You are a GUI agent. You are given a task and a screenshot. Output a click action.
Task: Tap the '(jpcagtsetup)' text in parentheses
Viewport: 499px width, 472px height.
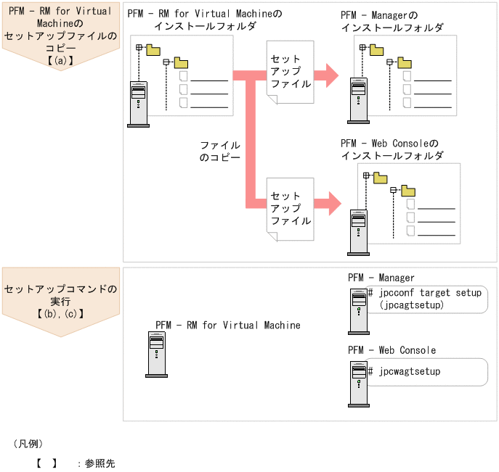click(x=411, y=305)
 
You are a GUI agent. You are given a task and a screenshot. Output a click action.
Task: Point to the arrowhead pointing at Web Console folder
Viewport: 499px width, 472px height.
click(x=333, y=203)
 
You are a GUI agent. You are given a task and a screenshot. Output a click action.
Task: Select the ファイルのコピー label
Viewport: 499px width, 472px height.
click(x=219, y=151)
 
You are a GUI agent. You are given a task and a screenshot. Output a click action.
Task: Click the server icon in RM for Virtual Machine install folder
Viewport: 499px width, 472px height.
click(x=138, y=104)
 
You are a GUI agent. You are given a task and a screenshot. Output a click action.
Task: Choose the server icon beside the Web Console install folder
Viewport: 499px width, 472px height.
click(x=358, y=232)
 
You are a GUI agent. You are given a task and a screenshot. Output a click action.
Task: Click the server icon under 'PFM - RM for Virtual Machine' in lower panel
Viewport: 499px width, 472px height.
click(x=156, y=355)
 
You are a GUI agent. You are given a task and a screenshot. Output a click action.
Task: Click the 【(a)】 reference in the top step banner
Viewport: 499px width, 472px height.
click(x=60, y=60)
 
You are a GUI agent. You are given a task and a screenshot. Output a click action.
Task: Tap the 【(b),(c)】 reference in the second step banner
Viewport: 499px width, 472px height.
click(x=60, y=313)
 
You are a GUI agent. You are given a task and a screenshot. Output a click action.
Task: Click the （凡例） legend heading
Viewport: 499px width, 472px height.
click(x=28, y=443)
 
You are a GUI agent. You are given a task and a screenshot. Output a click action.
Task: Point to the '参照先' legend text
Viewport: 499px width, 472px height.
click(x=100, y=463)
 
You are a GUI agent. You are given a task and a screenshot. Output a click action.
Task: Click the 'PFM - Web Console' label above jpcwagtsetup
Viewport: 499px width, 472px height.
click(x=392, y=350)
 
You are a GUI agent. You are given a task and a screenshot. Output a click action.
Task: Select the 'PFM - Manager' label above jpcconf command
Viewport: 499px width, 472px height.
click(x=381, y=278)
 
